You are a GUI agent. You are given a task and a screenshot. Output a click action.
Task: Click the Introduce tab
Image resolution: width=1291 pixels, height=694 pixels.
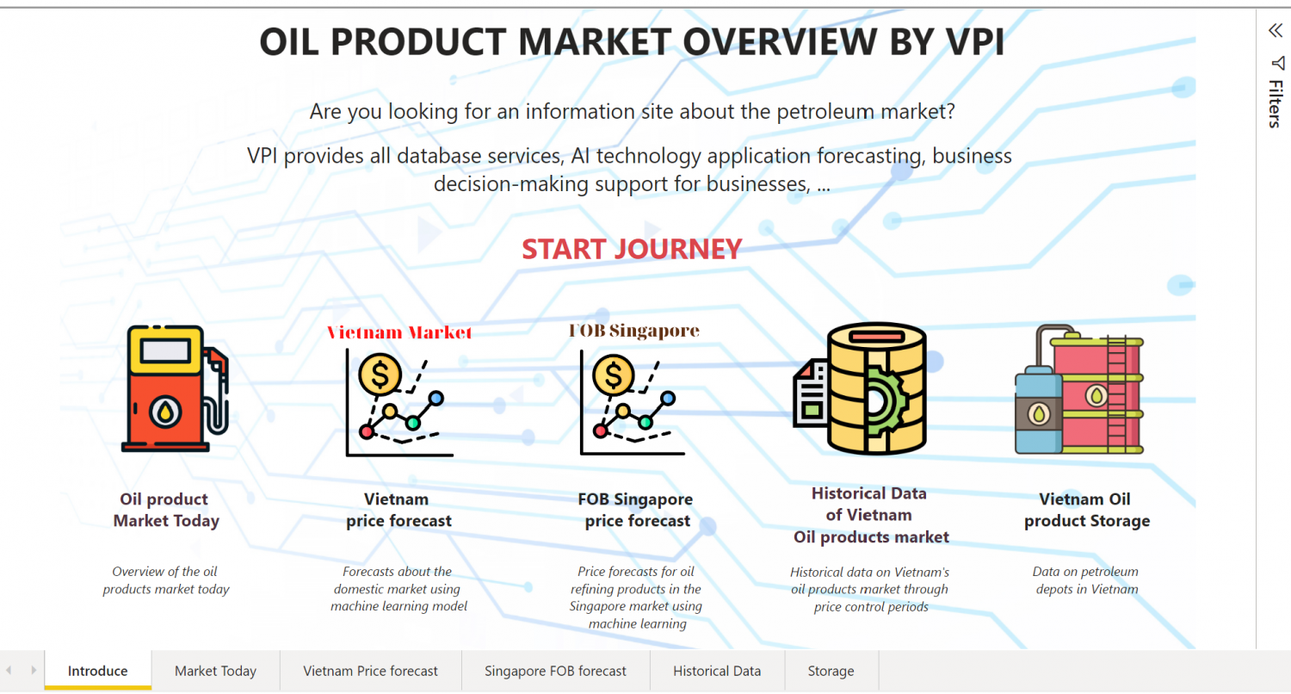point(97,671)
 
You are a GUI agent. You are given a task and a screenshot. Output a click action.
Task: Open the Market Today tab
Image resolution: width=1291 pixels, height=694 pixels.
point(215,671)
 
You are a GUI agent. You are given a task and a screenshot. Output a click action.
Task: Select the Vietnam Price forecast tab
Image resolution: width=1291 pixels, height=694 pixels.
point(370,671)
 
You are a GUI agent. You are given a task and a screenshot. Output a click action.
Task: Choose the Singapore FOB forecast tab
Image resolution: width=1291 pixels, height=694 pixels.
point(555,671)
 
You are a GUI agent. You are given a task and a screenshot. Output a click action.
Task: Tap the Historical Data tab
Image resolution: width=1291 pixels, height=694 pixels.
point(717,671)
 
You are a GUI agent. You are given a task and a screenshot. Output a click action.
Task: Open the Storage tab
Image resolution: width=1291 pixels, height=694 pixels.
point(831,671)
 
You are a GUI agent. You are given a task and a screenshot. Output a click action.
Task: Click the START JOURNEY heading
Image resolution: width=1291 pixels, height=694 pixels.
point(632,249)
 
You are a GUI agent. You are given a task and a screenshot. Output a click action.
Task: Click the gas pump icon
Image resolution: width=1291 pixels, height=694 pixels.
point(176,388)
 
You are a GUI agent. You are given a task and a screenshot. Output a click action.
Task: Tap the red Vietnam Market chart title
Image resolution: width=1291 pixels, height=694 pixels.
point(399,332)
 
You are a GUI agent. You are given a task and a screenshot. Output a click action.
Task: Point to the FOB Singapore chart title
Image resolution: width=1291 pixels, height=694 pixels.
point(634,331)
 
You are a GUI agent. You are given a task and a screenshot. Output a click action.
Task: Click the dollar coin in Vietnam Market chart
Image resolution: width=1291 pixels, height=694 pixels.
point(380,375)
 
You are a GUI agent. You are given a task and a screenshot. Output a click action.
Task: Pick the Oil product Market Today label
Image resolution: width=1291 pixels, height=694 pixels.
point(165,510)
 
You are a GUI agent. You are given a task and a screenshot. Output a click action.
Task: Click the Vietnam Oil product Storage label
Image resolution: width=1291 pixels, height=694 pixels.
point(1086,510)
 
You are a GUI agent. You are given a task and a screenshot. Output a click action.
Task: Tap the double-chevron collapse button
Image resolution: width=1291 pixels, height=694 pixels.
point(1275,30)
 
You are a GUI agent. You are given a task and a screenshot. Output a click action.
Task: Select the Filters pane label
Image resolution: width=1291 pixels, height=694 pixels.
point(1276,103)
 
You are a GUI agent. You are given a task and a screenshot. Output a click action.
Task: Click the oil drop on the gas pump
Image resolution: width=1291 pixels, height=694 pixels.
point(165,412)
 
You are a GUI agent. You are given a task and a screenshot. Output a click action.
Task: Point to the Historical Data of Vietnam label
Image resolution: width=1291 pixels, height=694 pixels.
point(870,515)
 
